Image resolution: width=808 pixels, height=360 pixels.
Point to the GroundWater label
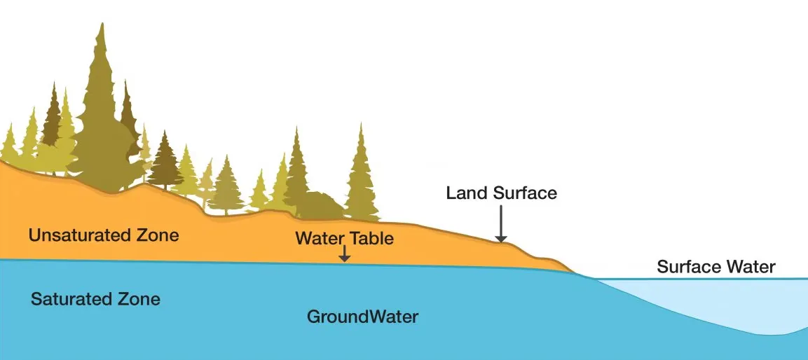pos(363,316)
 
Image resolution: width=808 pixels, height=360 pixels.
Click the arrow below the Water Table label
pos(344,253)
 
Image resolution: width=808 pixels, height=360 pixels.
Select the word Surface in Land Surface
pos(525,193)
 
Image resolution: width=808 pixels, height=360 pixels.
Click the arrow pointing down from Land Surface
pos(500,223)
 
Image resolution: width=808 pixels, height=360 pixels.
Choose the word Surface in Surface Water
pos(689,267)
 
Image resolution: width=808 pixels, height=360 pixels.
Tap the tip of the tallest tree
pos(102,23)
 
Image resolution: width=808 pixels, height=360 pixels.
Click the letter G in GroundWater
pos(314,316)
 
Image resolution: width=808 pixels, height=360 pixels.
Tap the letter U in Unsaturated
pos(34,236)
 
